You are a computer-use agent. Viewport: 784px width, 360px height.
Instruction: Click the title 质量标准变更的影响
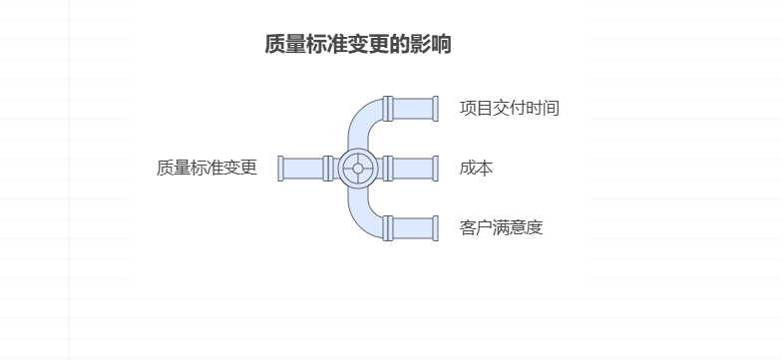[x=357, y=45]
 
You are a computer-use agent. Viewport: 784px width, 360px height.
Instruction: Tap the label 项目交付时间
[x=509, y=109]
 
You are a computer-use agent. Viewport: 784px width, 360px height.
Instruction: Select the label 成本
[x=476, y=169]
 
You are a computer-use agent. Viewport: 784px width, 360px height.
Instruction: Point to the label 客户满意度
[x=501, y=228]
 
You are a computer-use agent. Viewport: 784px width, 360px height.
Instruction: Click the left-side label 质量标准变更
[x=206, y=169]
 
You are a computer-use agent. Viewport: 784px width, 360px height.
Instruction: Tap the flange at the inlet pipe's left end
[x=282, y=169]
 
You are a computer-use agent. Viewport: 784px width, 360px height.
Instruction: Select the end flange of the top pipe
[x=434, y=109]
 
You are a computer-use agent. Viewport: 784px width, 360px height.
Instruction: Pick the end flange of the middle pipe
[x=434, y=169]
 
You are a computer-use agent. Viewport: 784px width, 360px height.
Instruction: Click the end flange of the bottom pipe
[x=434, y=228]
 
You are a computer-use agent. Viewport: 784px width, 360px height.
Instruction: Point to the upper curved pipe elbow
[x=362, y=118]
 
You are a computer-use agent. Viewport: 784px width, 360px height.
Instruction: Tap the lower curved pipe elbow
[x=362, y=219]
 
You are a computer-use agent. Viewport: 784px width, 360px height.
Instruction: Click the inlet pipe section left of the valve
[x=304, y=169]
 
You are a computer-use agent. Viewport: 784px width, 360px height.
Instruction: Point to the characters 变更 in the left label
[x=240, y=169]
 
